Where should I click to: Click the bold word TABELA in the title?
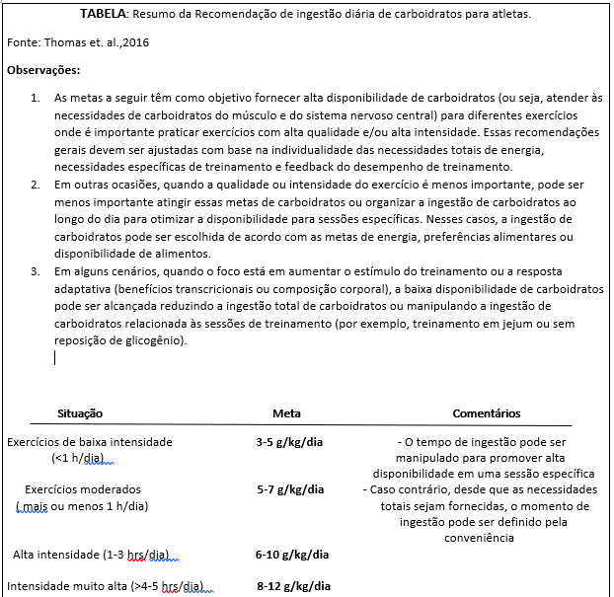coord(103,14)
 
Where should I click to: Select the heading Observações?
coord(43,70)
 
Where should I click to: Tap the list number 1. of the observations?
coord(35,99)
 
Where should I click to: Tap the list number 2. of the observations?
coord(35,185)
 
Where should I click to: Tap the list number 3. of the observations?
coord(35,270)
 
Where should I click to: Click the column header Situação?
coord(80,413)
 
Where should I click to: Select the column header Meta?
coord(287,413)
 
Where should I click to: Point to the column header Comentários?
coord(486,413)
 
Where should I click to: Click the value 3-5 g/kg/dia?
coord(289,442)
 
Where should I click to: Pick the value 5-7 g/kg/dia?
coord(289,489)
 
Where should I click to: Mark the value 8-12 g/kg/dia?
coord(293,586)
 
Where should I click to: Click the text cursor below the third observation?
coord(55,358)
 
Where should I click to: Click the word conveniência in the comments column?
coord(480,538)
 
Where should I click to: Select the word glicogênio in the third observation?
coord(153,341)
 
